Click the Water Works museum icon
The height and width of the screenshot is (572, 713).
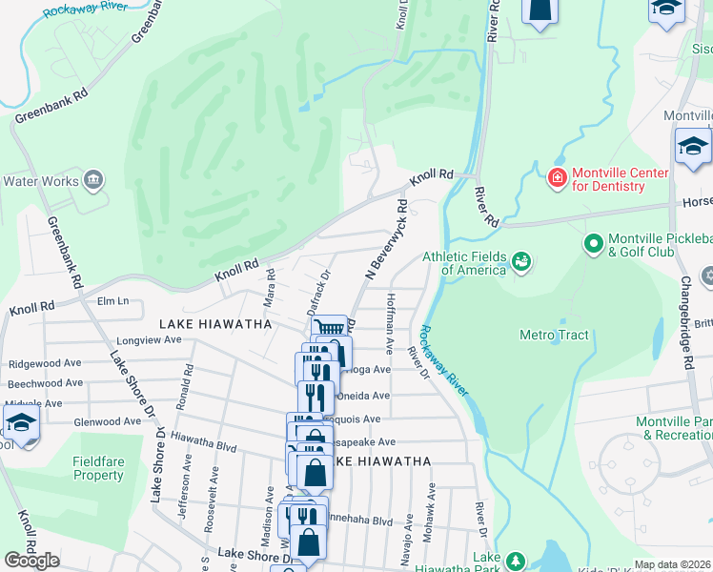pos(93,179)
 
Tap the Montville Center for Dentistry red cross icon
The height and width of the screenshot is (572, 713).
pos(557,178)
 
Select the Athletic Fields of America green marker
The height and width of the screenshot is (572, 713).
pos(520,260)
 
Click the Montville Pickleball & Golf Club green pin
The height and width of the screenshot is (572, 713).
pos(593,244)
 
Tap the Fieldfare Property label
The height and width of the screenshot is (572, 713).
pos(98,468)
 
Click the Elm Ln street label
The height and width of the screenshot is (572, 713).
pos(112,301)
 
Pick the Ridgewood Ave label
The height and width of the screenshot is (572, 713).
pos(45,364)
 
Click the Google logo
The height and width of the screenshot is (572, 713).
pos(31,561)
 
